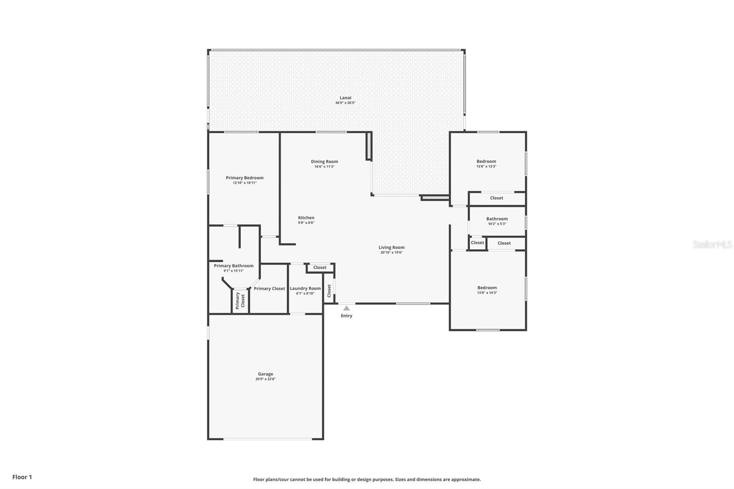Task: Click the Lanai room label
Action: [345, 98]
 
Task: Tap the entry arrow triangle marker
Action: [346, 308]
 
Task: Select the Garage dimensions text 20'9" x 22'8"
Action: [265, 379]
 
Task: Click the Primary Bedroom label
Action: [245, 178]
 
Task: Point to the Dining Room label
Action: [324, 161]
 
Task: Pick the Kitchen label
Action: [306, 218]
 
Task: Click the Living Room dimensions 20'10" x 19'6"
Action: [391, 253]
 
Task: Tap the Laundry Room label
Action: [305, 289]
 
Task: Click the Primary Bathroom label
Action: [234, 266]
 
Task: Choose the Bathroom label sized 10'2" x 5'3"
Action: [497, 219]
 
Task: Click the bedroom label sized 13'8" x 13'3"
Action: [486, 161]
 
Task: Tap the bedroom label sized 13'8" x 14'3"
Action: [487, 288]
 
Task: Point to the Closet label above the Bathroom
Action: [496, 198]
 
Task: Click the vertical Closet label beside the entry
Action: [329, 290]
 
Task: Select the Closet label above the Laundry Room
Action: [320, 267]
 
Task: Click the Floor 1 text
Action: [22, 477]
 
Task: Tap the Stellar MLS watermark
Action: [712, 245]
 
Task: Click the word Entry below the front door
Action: [346, 316]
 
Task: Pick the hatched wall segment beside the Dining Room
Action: [368, 146]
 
